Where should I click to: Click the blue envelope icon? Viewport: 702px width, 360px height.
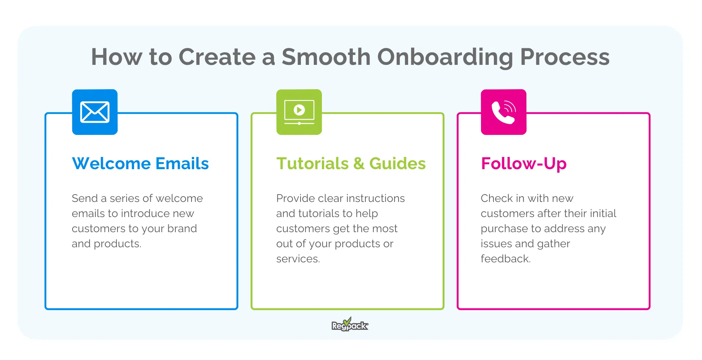95,112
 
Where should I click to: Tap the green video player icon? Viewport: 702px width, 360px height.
299,112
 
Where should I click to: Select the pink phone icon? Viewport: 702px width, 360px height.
503,112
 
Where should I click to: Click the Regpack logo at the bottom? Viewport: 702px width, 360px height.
350,325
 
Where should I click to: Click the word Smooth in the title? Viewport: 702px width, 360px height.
326,57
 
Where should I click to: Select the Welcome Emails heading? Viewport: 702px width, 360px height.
140,163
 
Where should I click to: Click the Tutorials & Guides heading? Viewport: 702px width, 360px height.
351,163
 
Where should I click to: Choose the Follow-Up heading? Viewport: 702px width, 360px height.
523,163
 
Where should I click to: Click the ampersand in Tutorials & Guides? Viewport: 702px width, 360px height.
359,163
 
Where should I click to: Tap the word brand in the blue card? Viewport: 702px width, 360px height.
182,228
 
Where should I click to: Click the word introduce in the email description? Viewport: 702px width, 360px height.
145,213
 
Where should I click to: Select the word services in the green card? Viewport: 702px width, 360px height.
298,259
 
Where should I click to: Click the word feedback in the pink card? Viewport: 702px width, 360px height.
505,259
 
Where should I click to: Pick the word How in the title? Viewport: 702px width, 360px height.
116,57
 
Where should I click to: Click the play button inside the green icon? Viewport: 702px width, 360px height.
299,110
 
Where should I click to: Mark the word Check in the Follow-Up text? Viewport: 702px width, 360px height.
496,198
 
